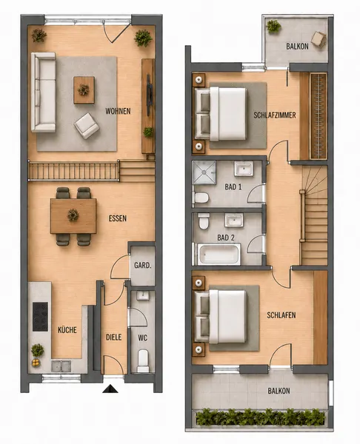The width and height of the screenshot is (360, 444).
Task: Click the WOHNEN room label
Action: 118,111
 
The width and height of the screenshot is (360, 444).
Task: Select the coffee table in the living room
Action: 84,90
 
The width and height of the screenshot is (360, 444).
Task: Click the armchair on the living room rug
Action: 87,126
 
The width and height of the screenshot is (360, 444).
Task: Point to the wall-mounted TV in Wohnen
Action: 150,95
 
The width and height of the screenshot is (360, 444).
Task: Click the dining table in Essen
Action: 73,216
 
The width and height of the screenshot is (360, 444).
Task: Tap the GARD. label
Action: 142,266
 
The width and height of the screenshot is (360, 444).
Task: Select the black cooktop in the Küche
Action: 40,317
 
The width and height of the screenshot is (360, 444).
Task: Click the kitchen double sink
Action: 61,366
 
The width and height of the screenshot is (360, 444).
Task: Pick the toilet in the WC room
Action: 143,361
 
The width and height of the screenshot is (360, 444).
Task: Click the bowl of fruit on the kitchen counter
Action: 36,363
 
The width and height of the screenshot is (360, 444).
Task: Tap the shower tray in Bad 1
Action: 204,172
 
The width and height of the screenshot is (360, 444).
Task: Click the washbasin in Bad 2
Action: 234,221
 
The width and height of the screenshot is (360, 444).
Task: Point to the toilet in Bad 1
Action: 201,198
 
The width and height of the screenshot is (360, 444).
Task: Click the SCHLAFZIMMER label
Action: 275,115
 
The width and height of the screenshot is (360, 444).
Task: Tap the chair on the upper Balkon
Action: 319,39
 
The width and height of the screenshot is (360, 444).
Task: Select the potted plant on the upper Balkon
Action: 273,27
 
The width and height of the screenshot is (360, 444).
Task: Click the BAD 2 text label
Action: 226,238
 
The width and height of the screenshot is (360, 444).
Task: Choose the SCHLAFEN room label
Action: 281,315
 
